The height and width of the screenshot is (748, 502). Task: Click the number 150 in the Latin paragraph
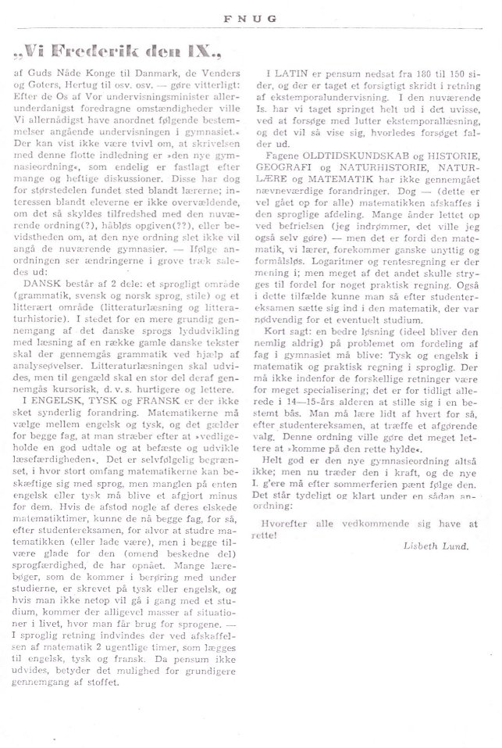[x=462, y=72]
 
